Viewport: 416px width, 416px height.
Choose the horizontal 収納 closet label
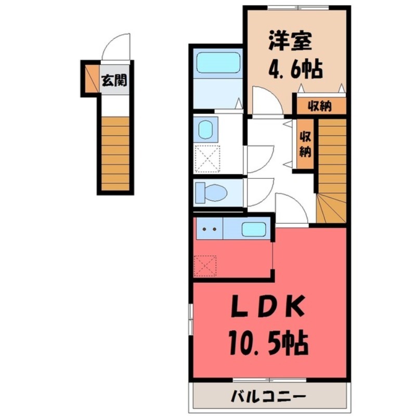(x=320, y=106)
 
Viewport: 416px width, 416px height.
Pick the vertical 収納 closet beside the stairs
(x=305, y=145)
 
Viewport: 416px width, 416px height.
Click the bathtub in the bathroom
(x=218, y=63)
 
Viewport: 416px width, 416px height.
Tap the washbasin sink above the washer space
(x=206, y=129)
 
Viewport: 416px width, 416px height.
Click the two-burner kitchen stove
(x=209, y=229)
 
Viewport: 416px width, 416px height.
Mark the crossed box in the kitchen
(x=206, y=265)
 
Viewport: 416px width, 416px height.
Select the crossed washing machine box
(x=206, y=159)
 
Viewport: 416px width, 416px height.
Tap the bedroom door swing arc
(x=266, y=100)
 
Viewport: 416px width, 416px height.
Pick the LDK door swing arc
(x=291, y=209)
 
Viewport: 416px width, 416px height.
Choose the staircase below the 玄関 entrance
(x=115, y=154)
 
